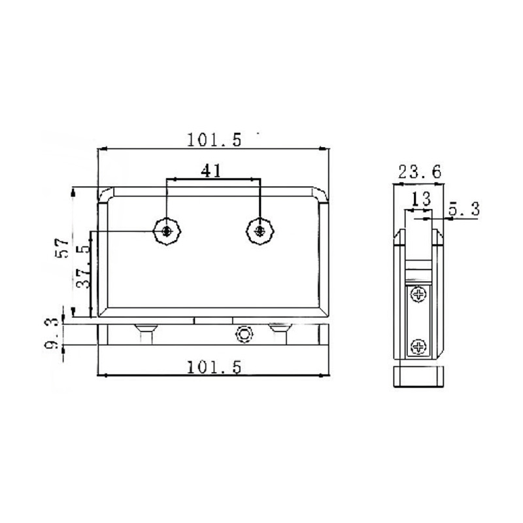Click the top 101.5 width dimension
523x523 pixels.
(x=214, y=139)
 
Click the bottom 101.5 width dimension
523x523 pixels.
(x=214, y=367)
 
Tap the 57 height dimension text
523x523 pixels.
(x=63, y=248)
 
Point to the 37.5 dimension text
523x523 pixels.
(x=82, y=267)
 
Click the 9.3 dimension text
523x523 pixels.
(x=54, y=333)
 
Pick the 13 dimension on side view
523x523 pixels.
(x=420, y=197)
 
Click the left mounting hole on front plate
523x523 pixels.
(x=168, y=231)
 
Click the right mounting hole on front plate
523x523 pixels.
(x=261, y=231)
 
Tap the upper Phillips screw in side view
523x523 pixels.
(x=418, y=295)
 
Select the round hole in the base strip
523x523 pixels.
(x=245, y=333)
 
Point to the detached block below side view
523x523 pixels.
(x=418, y=377)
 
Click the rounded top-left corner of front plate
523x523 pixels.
(x=105, y=193)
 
